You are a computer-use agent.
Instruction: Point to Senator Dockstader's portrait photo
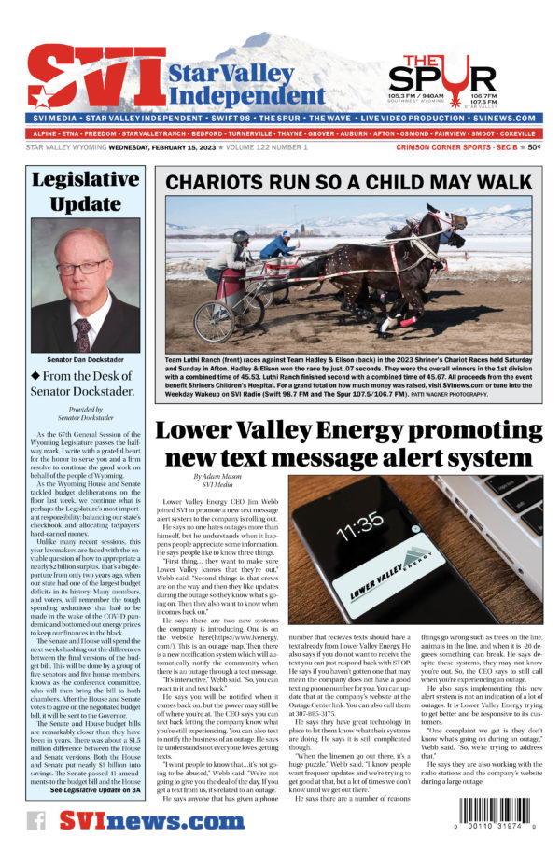(85, 285)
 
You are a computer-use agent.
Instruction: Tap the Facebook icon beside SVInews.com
(36, 820)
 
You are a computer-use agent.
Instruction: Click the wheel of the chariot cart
(214, 320)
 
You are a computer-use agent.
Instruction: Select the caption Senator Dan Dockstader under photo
(85, 358)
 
